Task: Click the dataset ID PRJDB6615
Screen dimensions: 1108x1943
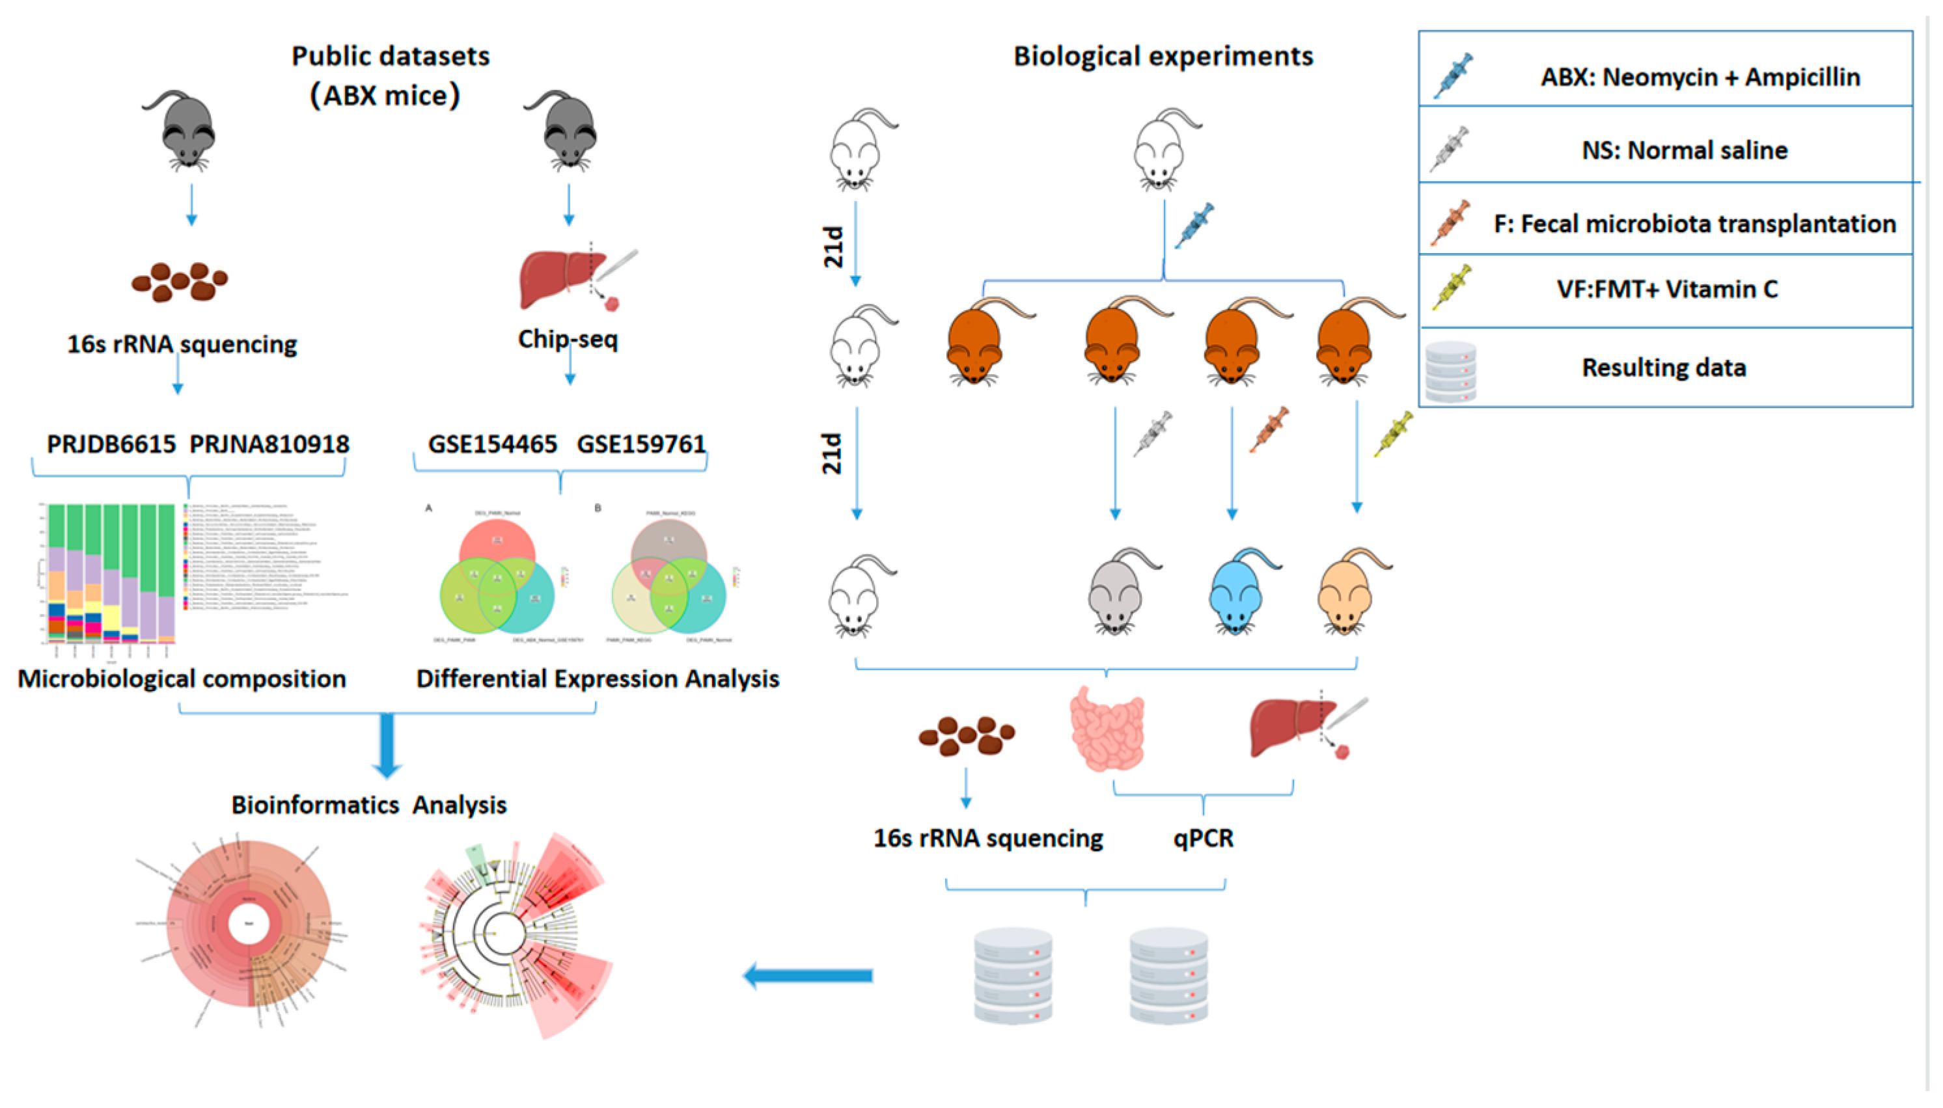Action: (111, 444)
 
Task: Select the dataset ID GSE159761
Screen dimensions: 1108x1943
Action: (641, 444)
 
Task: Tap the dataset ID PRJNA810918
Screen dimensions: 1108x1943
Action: (269, 444)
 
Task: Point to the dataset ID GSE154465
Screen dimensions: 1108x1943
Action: (493, 444)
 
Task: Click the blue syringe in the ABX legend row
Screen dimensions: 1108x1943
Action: (1453, 75)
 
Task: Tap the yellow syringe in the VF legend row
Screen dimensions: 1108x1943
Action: (1451, 288)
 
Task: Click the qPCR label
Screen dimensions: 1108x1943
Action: (1203, 838)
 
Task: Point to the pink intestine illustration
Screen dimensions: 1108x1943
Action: (1107, 729)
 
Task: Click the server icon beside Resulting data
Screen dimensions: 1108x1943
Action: (1450, 372)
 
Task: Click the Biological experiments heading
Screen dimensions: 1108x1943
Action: (1163, 57)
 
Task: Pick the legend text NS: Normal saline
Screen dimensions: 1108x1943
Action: (1684, 150)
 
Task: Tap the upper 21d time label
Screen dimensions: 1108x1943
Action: (834, 246)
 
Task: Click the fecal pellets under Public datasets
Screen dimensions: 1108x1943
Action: (180, 282)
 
